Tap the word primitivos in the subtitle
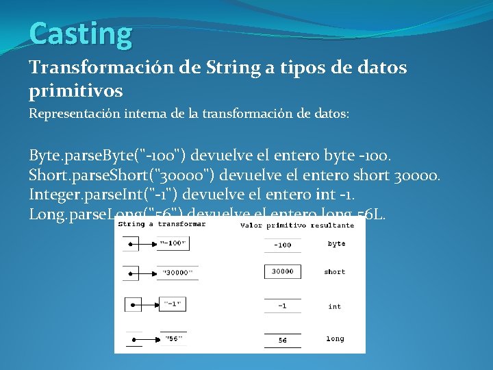(x=76, y=90)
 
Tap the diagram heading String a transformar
(x=162, y=225)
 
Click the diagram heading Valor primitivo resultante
(x=297, y=225)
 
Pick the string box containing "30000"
(x=177, y=273)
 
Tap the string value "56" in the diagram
(x=173, y=338)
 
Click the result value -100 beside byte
(x=282, y=245)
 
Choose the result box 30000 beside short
(x=282, y=272)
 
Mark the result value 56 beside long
(x=282, y=340)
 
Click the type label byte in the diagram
(x=336, y=244)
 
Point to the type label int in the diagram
(x=334, y=306)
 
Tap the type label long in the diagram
(x=335, y=338)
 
